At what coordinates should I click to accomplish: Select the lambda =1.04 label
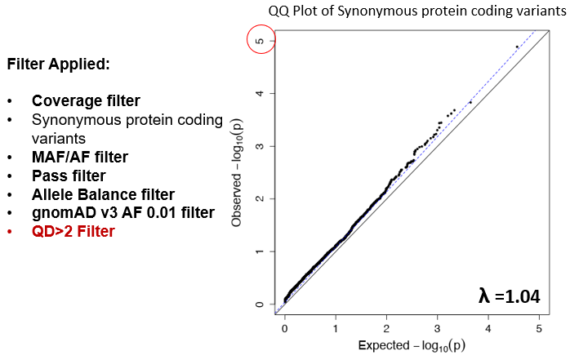coord(510,296)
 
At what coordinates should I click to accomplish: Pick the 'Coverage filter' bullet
coord(86,101)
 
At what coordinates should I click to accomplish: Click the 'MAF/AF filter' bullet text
coord(79,157)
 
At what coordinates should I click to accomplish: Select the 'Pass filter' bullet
coord(69,176)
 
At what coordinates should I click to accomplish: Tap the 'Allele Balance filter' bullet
coord(103,194)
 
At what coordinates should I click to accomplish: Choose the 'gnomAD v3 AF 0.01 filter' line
coord(122,212)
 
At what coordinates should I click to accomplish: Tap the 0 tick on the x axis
coord(284,328)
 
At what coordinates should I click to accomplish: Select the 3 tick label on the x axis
coord(437,328)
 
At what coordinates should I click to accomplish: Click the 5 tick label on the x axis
coord(538,328)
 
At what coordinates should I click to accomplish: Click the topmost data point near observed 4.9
coord(517,47)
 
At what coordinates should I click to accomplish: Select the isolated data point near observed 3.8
coord(470,102)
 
